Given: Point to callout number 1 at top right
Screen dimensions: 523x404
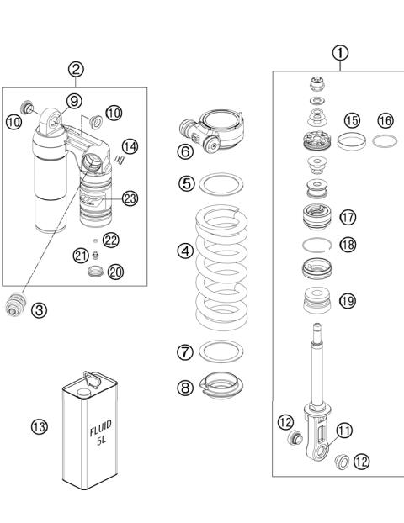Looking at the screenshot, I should (340, 53).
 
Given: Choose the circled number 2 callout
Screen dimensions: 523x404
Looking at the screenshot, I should (76, 71).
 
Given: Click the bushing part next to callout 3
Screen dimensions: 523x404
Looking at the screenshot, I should (14, 307).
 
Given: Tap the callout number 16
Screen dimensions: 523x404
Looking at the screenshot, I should (385, 121).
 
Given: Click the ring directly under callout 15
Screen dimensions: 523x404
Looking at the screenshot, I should (351, 142).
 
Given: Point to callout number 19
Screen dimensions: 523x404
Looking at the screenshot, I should (347, 300).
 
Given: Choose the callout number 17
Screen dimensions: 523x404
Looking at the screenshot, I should (348, 216).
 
